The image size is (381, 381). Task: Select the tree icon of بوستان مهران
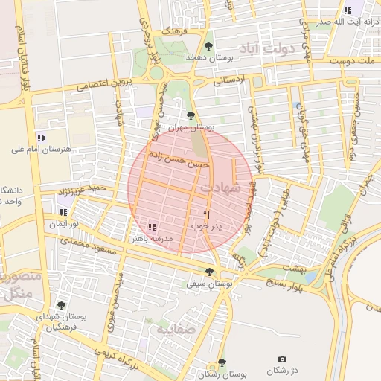191,115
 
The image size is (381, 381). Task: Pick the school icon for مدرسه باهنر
152,227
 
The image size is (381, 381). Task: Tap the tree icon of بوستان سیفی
209,272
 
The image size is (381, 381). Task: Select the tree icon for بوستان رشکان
222,362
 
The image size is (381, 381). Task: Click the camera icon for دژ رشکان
281,359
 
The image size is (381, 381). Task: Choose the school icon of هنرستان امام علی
41,137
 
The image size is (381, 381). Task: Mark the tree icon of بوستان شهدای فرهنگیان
61,305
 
